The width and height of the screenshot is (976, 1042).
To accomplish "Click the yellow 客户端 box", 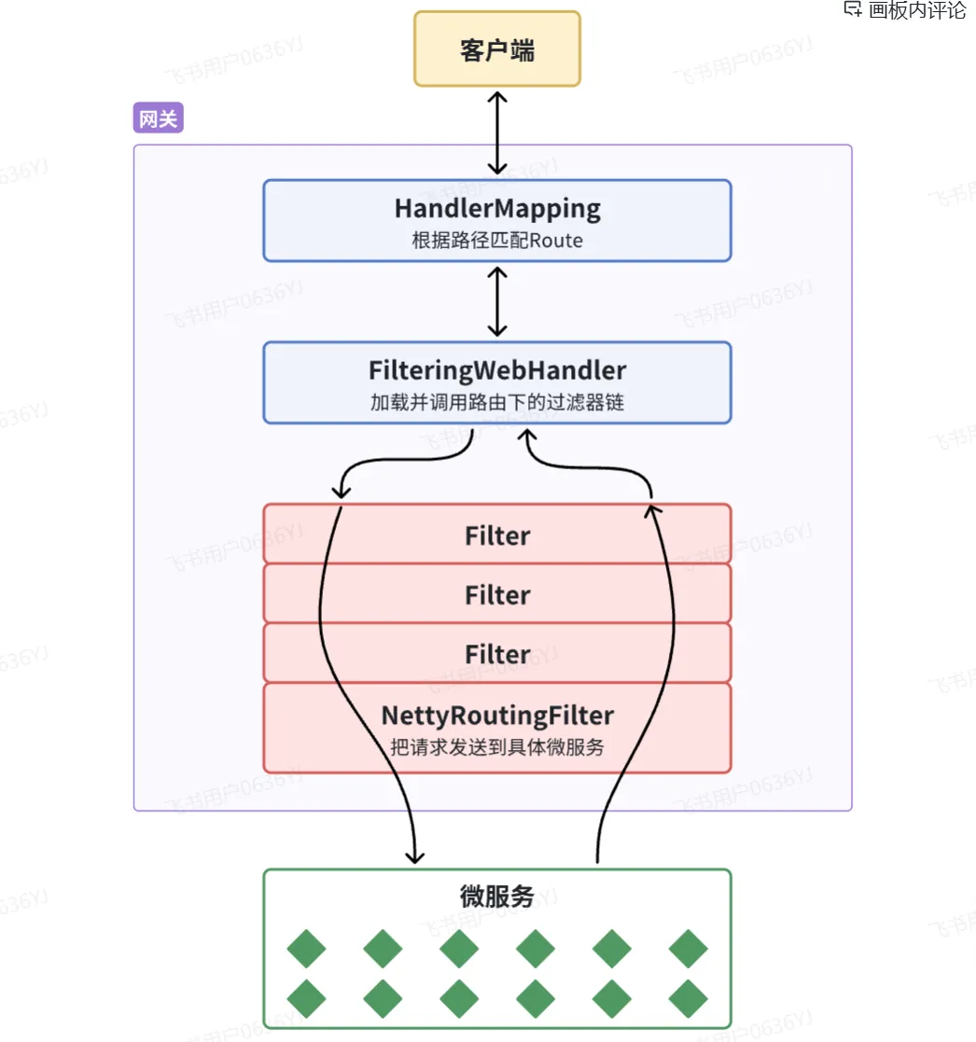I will pos(497,49).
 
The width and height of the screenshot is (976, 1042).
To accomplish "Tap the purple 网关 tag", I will pos(159,118).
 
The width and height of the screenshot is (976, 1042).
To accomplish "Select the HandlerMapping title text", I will pos(497,208).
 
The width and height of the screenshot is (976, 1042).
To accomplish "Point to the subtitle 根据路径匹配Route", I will pos(497,240).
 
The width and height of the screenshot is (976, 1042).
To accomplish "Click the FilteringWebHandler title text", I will pos(497,370).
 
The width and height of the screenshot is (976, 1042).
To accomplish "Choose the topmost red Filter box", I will pos(497,535).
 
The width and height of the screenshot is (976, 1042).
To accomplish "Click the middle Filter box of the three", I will pos(497,594).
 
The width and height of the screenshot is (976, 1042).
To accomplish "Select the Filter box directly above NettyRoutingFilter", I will pos(497,654).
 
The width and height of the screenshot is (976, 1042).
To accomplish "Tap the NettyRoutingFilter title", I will pos(497,716).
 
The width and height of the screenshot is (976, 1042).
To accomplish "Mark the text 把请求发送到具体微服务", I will pos(497,747).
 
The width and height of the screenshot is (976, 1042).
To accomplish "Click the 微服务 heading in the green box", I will pos(497,896).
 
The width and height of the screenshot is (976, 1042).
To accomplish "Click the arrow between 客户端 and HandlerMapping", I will pos(497,132).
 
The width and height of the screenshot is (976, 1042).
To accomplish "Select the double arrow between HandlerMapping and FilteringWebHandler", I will pos(497,301).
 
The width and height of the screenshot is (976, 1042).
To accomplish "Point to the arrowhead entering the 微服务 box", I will pos(414,854).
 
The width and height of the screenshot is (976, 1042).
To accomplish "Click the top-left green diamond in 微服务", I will pos(306,949).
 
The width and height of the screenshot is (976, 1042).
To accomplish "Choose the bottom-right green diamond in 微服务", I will pos(689,998).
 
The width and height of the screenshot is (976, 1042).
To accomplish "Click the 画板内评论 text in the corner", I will pos(917,10).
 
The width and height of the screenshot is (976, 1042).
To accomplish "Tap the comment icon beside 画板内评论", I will pos(852,9).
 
